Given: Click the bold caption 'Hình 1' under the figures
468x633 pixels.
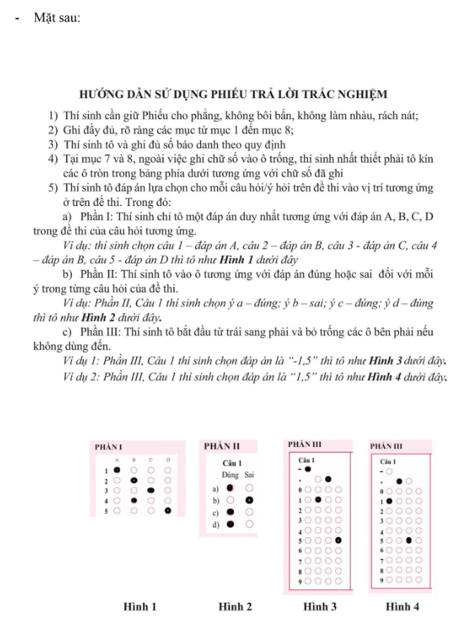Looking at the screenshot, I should click(x=140, y=606).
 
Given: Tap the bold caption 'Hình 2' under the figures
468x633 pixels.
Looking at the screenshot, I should click(x=235, y=606).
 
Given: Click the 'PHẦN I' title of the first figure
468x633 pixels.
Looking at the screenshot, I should click(x=109, y=447).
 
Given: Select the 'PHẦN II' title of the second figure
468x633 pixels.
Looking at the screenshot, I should click(x=222, y=446).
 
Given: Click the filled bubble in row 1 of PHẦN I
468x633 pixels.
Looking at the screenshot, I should click(x=117, y=469).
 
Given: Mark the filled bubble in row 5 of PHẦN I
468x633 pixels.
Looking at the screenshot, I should click(x=168, y=510).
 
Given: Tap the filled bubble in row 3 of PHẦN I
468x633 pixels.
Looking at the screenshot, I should click(x=151, y=490).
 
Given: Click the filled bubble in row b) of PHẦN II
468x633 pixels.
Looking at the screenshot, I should click(x=249, y=500).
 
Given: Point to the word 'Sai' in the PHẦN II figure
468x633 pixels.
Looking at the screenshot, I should click(x=250, y=475).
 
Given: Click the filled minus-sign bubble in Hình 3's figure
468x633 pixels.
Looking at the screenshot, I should click(x=307, y=468).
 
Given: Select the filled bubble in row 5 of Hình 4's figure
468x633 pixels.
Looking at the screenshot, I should click(x=409, y=539).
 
